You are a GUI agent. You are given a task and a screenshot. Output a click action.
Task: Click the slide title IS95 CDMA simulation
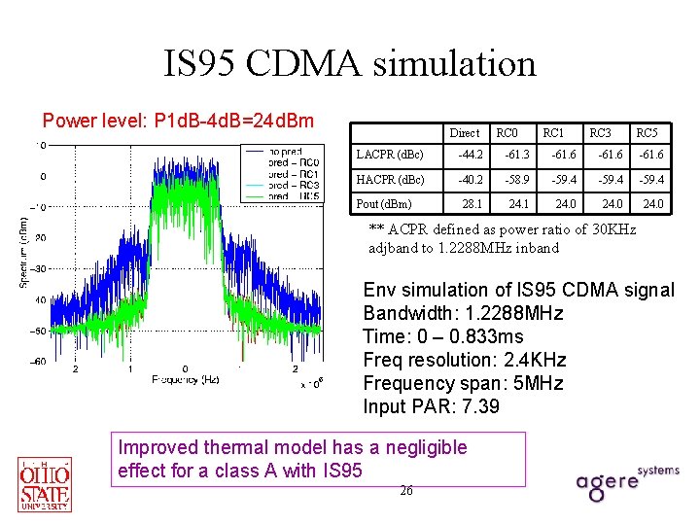click(350, 64)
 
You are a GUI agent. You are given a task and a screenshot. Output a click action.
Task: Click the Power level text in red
click(178, 121)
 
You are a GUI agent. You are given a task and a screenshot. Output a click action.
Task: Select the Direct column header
click(464, 132)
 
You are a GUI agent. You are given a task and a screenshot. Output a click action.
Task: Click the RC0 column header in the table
click(507, 132)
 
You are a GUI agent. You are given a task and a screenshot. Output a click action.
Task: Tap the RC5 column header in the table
click(647, 132)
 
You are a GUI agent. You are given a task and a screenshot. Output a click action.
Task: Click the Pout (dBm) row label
click(384, 204)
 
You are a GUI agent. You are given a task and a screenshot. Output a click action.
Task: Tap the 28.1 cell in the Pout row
click(472, 204)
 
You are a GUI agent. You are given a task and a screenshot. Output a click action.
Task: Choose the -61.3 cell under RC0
click(517, 156)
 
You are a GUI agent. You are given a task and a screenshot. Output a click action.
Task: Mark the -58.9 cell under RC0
click(517, 180)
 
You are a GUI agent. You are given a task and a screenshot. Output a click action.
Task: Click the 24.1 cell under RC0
click(519, 204)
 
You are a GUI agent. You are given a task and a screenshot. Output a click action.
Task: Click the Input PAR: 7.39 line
click(431, 406)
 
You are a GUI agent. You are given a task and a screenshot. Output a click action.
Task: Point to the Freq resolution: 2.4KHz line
click(464, 360)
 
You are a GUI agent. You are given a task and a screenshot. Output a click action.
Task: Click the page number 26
click(406, 491)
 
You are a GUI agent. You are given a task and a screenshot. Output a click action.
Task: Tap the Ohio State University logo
click(45, 482)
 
